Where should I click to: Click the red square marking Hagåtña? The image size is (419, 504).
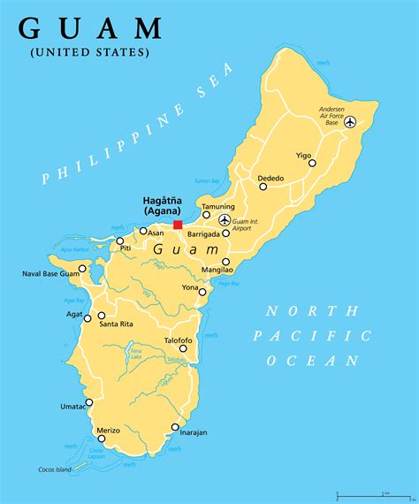click(178, 225)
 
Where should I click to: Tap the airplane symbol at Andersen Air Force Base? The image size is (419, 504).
click(350, 122)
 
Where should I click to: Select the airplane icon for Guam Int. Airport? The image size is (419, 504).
click(225, 219)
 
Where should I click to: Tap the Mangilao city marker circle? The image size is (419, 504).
click(225, 262)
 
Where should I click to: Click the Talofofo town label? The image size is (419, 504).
click(178, 340)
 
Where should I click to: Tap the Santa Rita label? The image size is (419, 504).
click(117, 325)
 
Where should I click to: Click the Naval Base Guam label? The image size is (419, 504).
click(50, 273)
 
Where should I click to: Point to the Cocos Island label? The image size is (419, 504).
click(55, 469)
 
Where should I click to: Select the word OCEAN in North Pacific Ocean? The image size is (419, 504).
click(315, 361)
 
